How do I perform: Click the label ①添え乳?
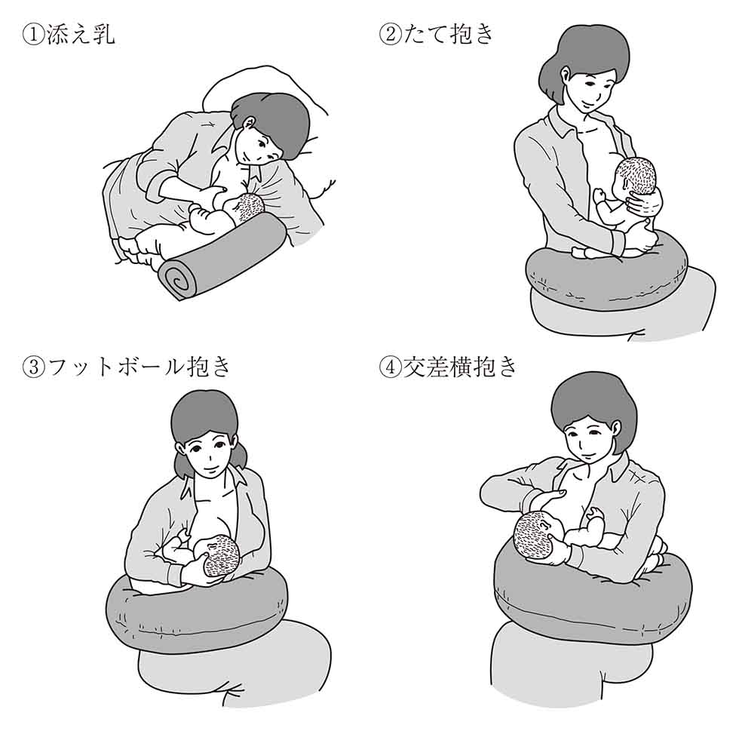[x=69, y=34]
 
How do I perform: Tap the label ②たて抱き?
[x=437, y=34]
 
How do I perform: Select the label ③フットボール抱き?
[x=127, y=367]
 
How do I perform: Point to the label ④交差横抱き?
[x=448, y=367]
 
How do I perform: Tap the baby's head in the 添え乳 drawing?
[x=248, y=208]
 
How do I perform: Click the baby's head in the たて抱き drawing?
[x=636, y=176]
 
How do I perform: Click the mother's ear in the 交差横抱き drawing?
[x=615, y=427]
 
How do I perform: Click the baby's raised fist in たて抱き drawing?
[x=600, y=195]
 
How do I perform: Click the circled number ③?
[x=33, y=367]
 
